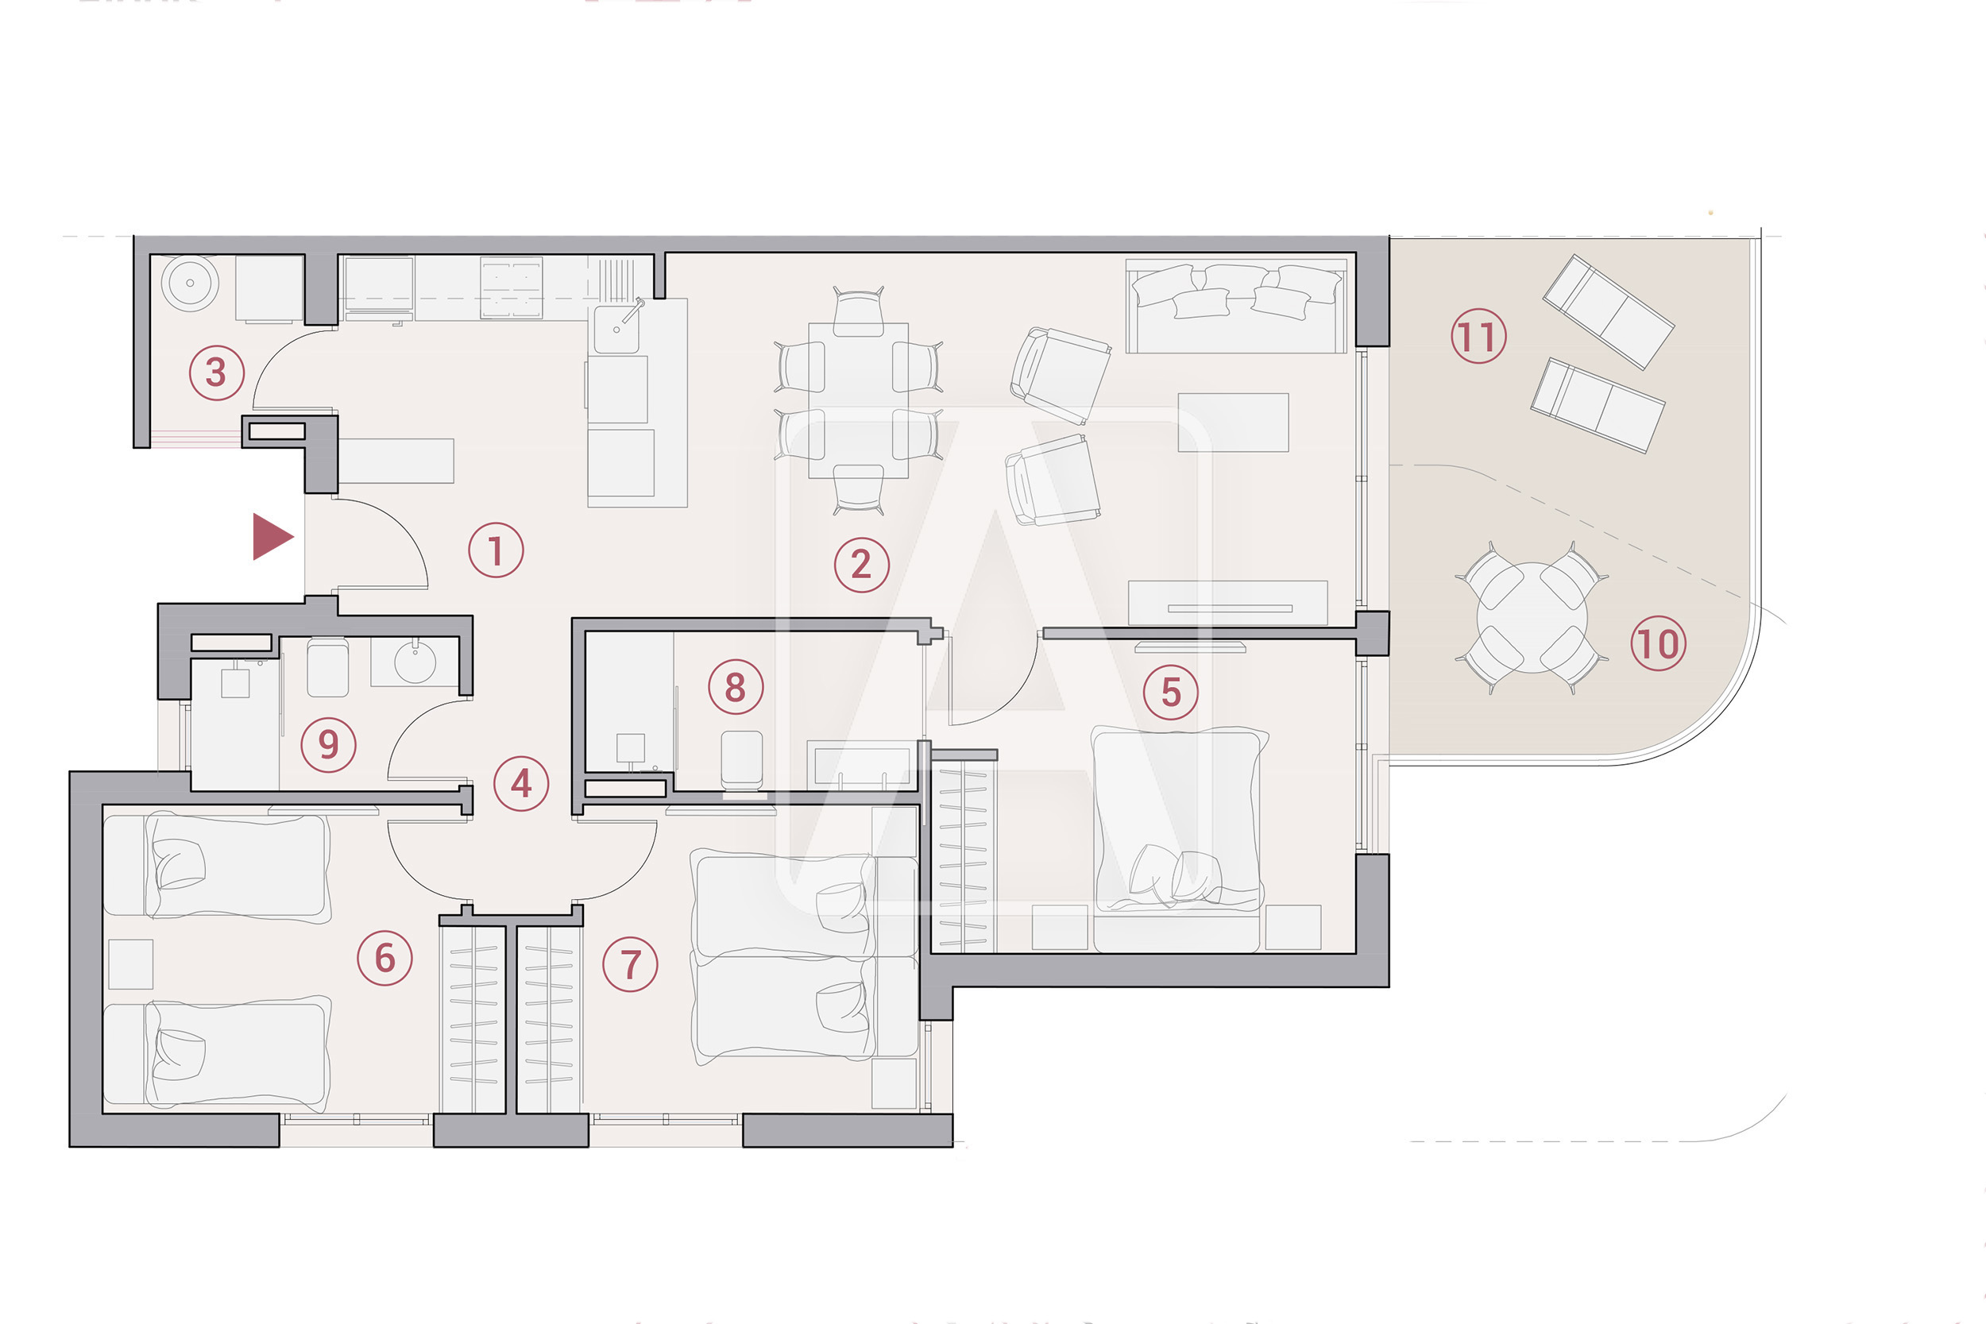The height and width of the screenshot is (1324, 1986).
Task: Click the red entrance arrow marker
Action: click(272, 536)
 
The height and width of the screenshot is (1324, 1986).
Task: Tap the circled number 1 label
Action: click(496, 550)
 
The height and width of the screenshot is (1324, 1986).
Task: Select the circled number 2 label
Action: click(861, 564)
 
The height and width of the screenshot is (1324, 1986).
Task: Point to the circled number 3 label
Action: click(216, 372)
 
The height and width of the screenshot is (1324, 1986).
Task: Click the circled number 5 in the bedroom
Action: click(1170, 692)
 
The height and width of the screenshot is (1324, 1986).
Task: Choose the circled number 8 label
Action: click(736, 686)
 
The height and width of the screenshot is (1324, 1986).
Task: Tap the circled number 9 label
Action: click(328, 744)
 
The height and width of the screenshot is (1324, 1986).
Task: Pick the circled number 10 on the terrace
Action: click(1659, 643)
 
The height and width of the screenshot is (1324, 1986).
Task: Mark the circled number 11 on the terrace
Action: click(1478, 336)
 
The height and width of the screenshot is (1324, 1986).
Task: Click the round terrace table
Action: click(1532, 618)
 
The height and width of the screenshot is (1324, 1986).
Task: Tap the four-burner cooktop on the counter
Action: click(512, 287)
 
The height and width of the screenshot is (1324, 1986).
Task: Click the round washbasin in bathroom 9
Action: click(415, 661)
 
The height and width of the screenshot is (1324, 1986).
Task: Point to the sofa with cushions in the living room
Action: click(1236, 306)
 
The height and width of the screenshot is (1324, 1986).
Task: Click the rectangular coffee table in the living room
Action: click(1233, 423)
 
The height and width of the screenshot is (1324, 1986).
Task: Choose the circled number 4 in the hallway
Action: click(521, 784)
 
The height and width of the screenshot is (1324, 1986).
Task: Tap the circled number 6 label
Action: click(385, 958)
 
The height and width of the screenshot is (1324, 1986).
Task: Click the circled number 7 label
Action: click(631, 963)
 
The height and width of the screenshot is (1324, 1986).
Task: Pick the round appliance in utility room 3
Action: click(190, 283)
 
